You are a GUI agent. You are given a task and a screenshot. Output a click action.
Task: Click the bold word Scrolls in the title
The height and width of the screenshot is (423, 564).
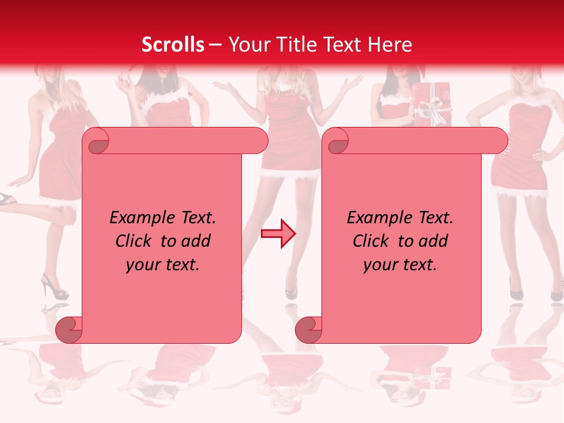173,45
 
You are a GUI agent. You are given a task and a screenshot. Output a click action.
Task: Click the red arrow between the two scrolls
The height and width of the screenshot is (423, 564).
278,234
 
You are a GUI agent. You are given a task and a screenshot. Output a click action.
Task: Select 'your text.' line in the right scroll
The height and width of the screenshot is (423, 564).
400,264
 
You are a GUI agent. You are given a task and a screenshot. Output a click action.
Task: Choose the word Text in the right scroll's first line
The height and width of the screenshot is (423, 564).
435,218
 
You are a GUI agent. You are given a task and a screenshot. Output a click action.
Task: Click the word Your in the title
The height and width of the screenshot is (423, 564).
247,45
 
